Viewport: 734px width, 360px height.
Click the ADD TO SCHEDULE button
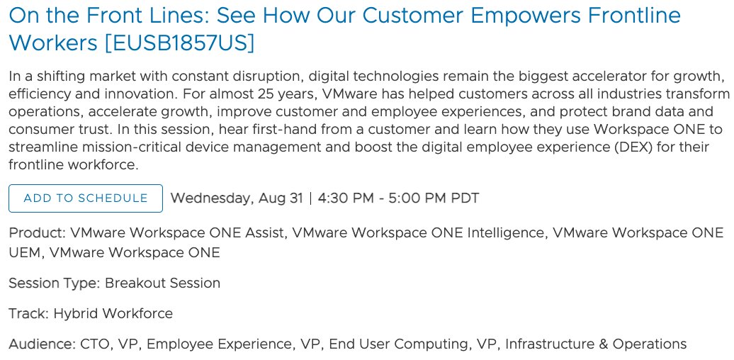86,198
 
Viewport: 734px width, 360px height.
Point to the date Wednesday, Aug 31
237,198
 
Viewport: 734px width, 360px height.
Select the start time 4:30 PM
346,198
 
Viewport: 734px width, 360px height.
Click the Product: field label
38,233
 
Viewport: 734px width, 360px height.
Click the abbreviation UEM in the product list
24,252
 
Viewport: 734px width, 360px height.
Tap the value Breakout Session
163,283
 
